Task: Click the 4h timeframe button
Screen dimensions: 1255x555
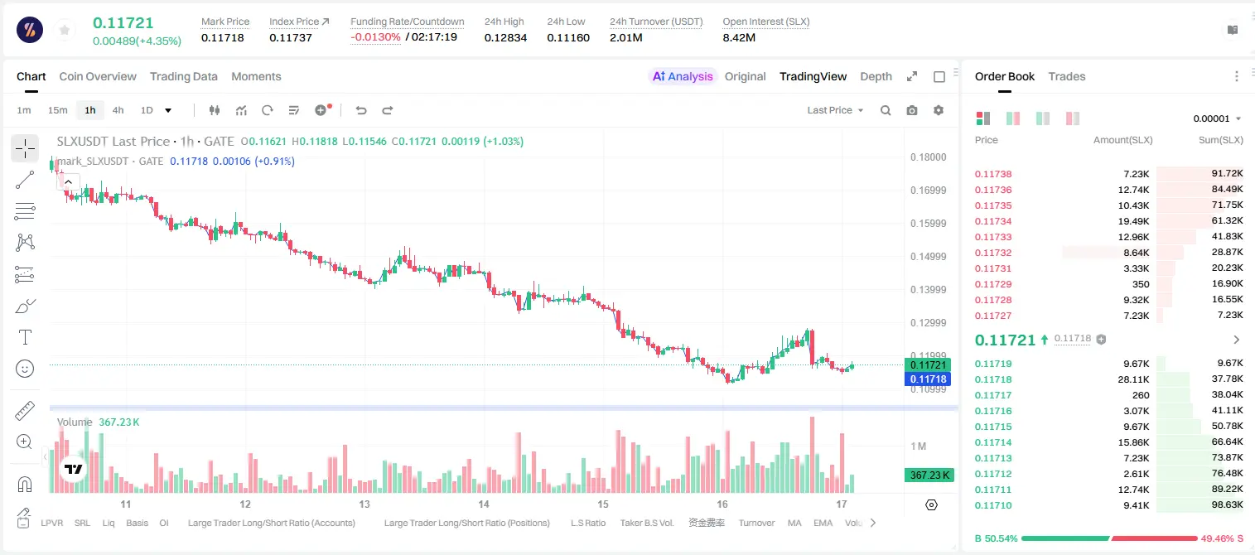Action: click(x=118, y=110)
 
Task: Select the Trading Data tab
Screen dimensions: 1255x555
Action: click(x=184, y=76)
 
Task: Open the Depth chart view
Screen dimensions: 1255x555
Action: click(x=876, y=76)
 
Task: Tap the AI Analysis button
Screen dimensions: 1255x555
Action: click(x=683, y=76)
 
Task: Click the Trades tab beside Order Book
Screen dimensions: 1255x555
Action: click(x=1067, y=76)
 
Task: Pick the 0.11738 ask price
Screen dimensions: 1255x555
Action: click(x=993, y=174)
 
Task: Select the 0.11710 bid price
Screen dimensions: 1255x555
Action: click(x=993, y=505)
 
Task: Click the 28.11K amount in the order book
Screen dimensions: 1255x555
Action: click(x=1133, y=379)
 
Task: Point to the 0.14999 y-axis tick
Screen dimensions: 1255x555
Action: click(x=929, y=257)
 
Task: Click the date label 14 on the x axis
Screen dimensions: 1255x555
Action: click(x=484, y=504)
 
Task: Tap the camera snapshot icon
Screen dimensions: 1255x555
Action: click(x=912, y=110)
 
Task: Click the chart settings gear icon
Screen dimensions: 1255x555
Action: click(x=939, y=110)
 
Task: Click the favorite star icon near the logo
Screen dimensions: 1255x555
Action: click(x=65, y=30)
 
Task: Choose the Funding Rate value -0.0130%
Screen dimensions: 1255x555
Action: click(x=375, y=37)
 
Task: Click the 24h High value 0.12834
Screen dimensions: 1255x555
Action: click(x=505, y=37)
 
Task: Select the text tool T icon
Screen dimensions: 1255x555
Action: click(x=25, y=337)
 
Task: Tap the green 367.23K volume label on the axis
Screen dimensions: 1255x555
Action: click(x=929, y=475)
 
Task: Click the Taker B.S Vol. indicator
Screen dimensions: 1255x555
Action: click(x=646, y=523)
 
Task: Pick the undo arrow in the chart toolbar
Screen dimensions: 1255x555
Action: click(x=361, y=110)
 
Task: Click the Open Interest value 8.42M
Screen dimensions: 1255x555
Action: click(x=739, y=37)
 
